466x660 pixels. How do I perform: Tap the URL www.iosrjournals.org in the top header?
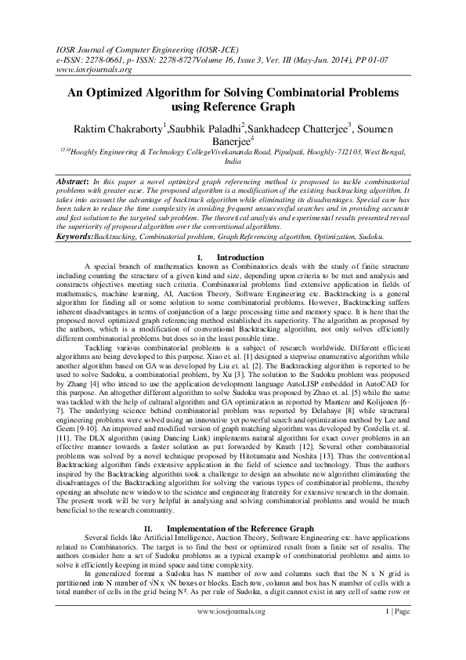(81, 68)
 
